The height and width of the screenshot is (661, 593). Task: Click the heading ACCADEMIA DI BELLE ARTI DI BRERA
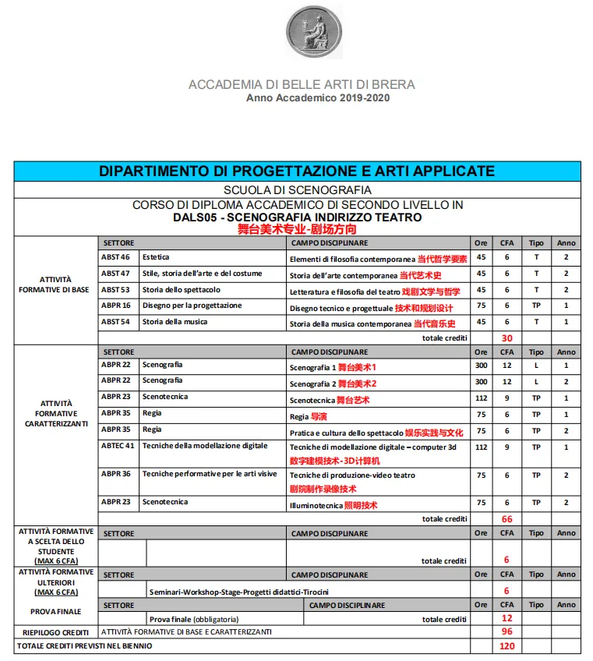point(302,84)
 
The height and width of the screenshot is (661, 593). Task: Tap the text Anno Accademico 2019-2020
point(318,98)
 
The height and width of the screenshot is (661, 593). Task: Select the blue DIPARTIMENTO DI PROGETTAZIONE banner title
point(297,171)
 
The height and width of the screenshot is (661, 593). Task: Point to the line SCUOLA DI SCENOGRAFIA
point(297,189)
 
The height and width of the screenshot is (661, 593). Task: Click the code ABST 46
point(115,257)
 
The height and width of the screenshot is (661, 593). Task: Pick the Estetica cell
point(156,257)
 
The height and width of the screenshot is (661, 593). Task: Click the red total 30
point(507,338)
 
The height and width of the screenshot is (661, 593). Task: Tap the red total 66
point(507,518)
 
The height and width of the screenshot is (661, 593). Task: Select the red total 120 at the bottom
point(507,646)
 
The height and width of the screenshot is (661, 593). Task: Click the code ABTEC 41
point(118,446)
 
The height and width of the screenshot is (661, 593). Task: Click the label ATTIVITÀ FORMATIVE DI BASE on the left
point(55,285)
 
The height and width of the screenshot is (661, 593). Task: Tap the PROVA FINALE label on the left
point(55,612)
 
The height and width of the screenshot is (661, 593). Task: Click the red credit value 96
point(507,631)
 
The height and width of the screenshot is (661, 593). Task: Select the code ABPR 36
point(115,474)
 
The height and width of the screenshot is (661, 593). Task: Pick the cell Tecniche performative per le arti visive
point(209,474)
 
